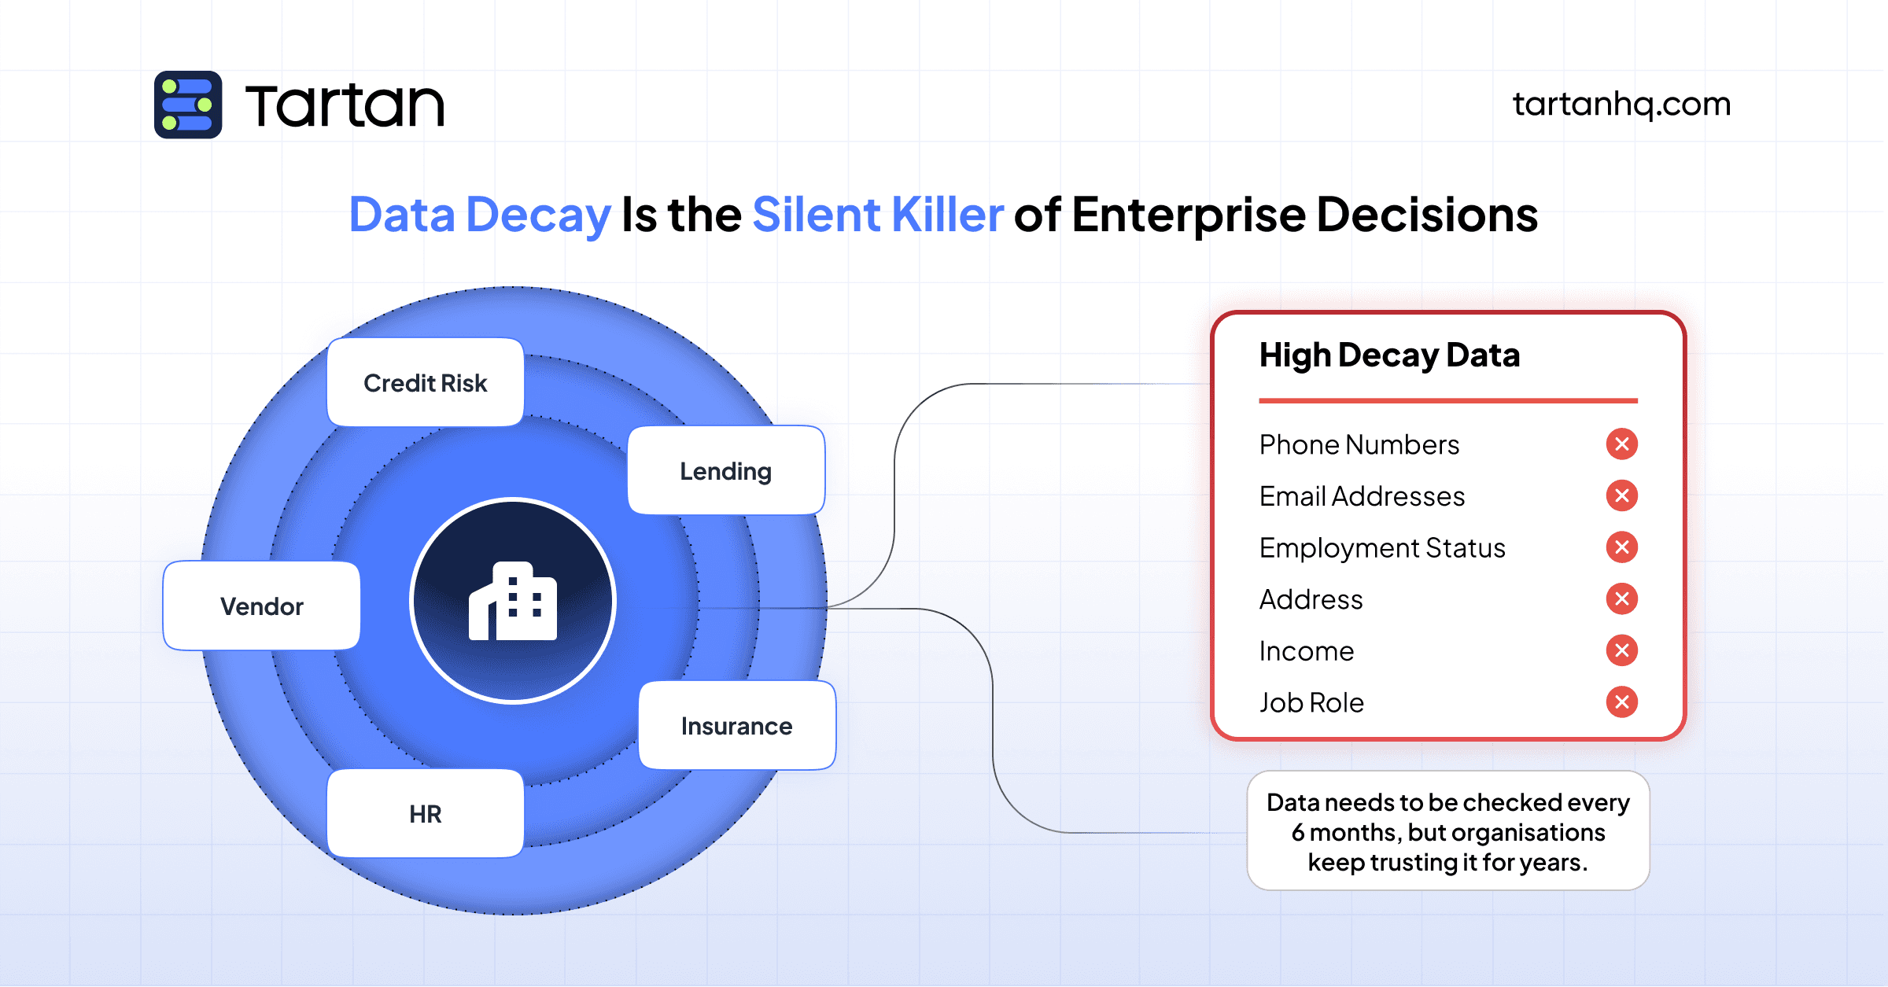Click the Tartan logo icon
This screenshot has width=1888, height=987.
click(188, 105)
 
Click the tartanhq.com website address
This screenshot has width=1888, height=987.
click(1621, 104)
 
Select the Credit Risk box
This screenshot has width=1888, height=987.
click(426, 383)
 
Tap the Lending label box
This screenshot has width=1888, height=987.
click(726, 471)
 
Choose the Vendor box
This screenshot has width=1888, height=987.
click(262, 606)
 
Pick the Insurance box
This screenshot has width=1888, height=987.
click(737, 726)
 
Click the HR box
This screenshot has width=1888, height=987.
click(426, 814)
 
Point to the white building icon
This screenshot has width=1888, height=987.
click(513, 602)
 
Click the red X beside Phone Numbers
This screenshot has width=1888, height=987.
click(1621, 444)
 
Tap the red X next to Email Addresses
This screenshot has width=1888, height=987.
click(1621, 495)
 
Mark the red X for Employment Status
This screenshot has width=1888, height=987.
click(1621, 547)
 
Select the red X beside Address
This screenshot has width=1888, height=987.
click(1621, 599)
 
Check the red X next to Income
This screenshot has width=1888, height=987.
click(1621, 650)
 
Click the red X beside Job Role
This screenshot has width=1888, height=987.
click(1621, 702)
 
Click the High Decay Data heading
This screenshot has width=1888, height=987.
click(1389, 355)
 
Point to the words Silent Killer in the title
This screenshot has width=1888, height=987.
click(878, 215)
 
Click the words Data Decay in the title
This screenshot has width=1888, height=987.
click(480, 215)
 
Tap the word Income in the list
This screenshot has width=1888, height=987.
click(1307, 651)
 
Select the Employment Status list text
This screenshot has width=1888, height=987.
click(1382, 548)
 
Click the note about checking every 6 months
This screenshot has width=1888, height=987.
click(1448, 832)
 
